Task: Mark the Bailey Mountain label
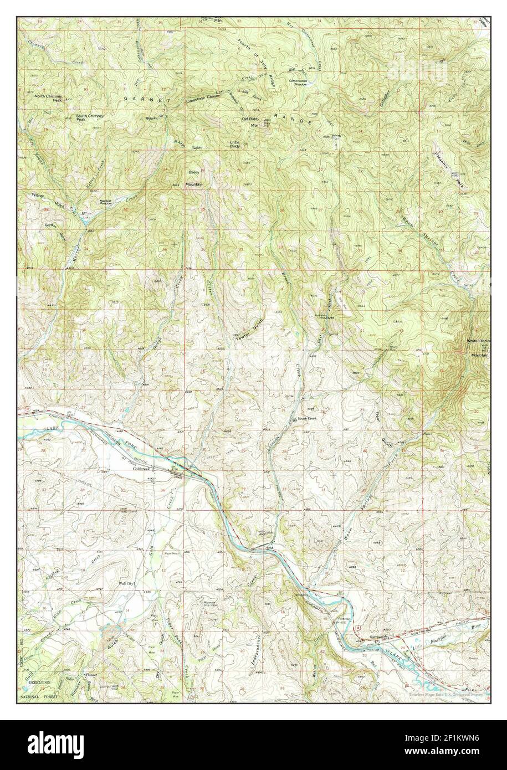pyautogui.click(x=194, y=178)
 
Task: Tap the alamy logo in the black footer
pyautogui.click(x=64, y=745)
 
